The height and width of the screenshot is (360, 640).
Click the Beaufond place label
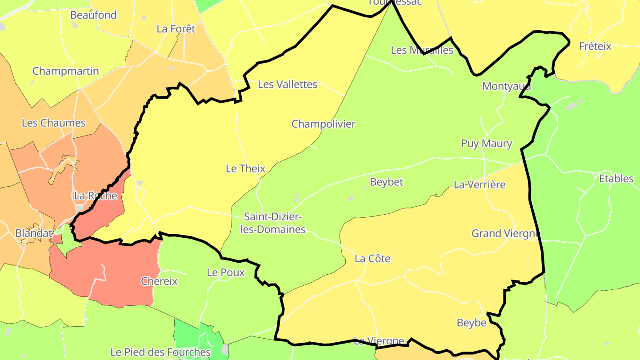coord(93,15)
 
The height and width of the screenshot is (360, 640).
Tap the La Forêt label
coord(176,29)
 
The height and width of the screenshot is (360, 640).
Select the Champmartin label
coord(66,71)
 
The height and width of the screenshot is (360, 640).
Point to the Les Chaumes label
coord(54,123)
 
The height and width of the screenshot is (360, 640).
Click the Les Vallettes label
coord(288,84)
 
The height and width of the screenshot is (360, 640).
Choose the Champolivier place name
coord(324,124)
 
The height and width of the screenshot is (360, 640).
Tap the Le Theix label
coord(245,169)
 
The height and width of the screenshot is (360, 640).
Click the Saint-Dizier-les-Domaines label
coord(275,223)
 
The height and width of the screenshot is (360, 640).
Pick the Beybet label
coord(387,182)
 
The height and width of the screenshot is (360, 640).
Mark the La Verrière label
coord(480,184)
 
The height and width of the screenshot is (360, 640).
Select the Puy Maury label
coord(487,144)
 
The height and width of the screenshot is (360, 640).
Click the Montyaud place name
coord(507,86)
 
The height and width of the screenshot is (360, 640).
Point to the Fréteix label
coord(595,46)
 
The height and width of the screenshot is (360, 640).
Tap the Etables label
coord(616,179)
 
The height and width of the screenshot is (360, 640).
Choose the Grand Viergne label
coord(506,233)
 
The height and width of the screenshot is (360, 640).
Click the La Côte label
coord(372,259)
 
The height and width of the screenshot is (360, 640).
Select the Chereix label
coord(159,281)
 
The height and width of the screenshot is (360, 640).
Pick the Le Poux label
coord(226,272)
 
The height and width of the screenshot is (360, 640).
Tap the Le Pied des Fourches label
coord(160,352)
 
